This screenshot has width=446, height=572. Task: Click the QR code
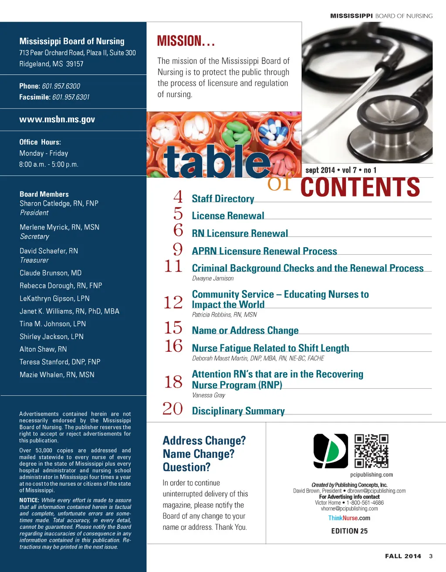371,451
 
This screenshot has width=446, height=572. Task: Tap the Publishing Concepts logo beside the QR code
331,451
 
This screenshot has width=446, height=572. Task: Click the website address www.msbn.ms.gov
57,119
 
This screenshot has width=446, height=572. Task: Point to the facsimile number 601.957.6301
71,97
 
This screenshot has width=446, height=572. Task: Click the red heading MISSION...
186,41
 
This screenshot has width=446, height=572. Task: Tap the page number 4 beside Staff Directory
178,197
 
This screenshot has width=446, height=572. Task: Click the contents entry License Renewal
228,216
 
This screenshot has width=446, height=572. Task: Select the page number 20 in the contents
172,409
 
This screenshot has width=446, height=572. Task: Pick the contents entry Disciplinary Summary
238,411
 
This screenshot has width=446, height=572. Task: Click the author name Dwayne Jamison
213,278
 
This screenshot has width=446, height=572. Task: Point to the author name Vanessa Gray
209,395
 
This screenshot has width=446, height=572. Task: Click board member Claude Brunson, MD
51,273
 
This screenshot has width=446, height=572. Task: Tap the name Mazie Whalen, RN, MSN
57,374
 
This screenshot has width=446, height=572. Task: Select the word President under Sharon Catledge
34,213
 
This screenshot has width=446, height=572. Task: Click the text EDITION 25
349,531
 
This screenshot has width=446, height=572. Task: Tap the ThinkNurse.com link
349,518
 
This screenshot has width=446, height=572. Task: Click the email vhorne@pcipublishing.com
349,508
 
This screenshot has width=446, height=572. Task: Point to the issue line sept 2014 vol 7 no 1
341,170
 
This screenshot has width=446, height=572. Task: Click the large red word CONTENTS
360,187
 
